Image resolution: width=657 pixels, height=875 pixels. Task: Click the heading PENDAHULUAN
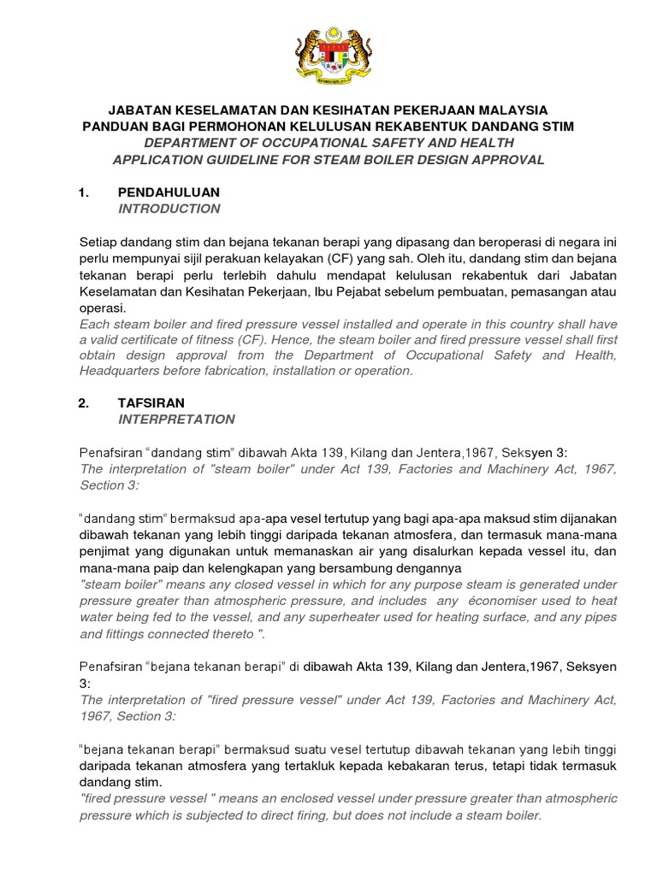169,192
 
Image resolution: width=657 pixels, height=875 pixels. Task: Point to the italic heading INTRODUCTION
169,208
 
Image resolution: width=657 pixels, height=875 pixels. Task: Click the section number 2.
84,402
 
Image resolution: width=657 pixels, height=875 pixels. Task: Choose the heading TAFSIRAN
151,402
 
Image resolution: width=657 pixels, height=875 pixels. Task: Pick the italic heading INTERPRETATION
176,419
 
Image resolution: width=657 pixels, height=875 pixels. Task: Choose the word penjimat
104,552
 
